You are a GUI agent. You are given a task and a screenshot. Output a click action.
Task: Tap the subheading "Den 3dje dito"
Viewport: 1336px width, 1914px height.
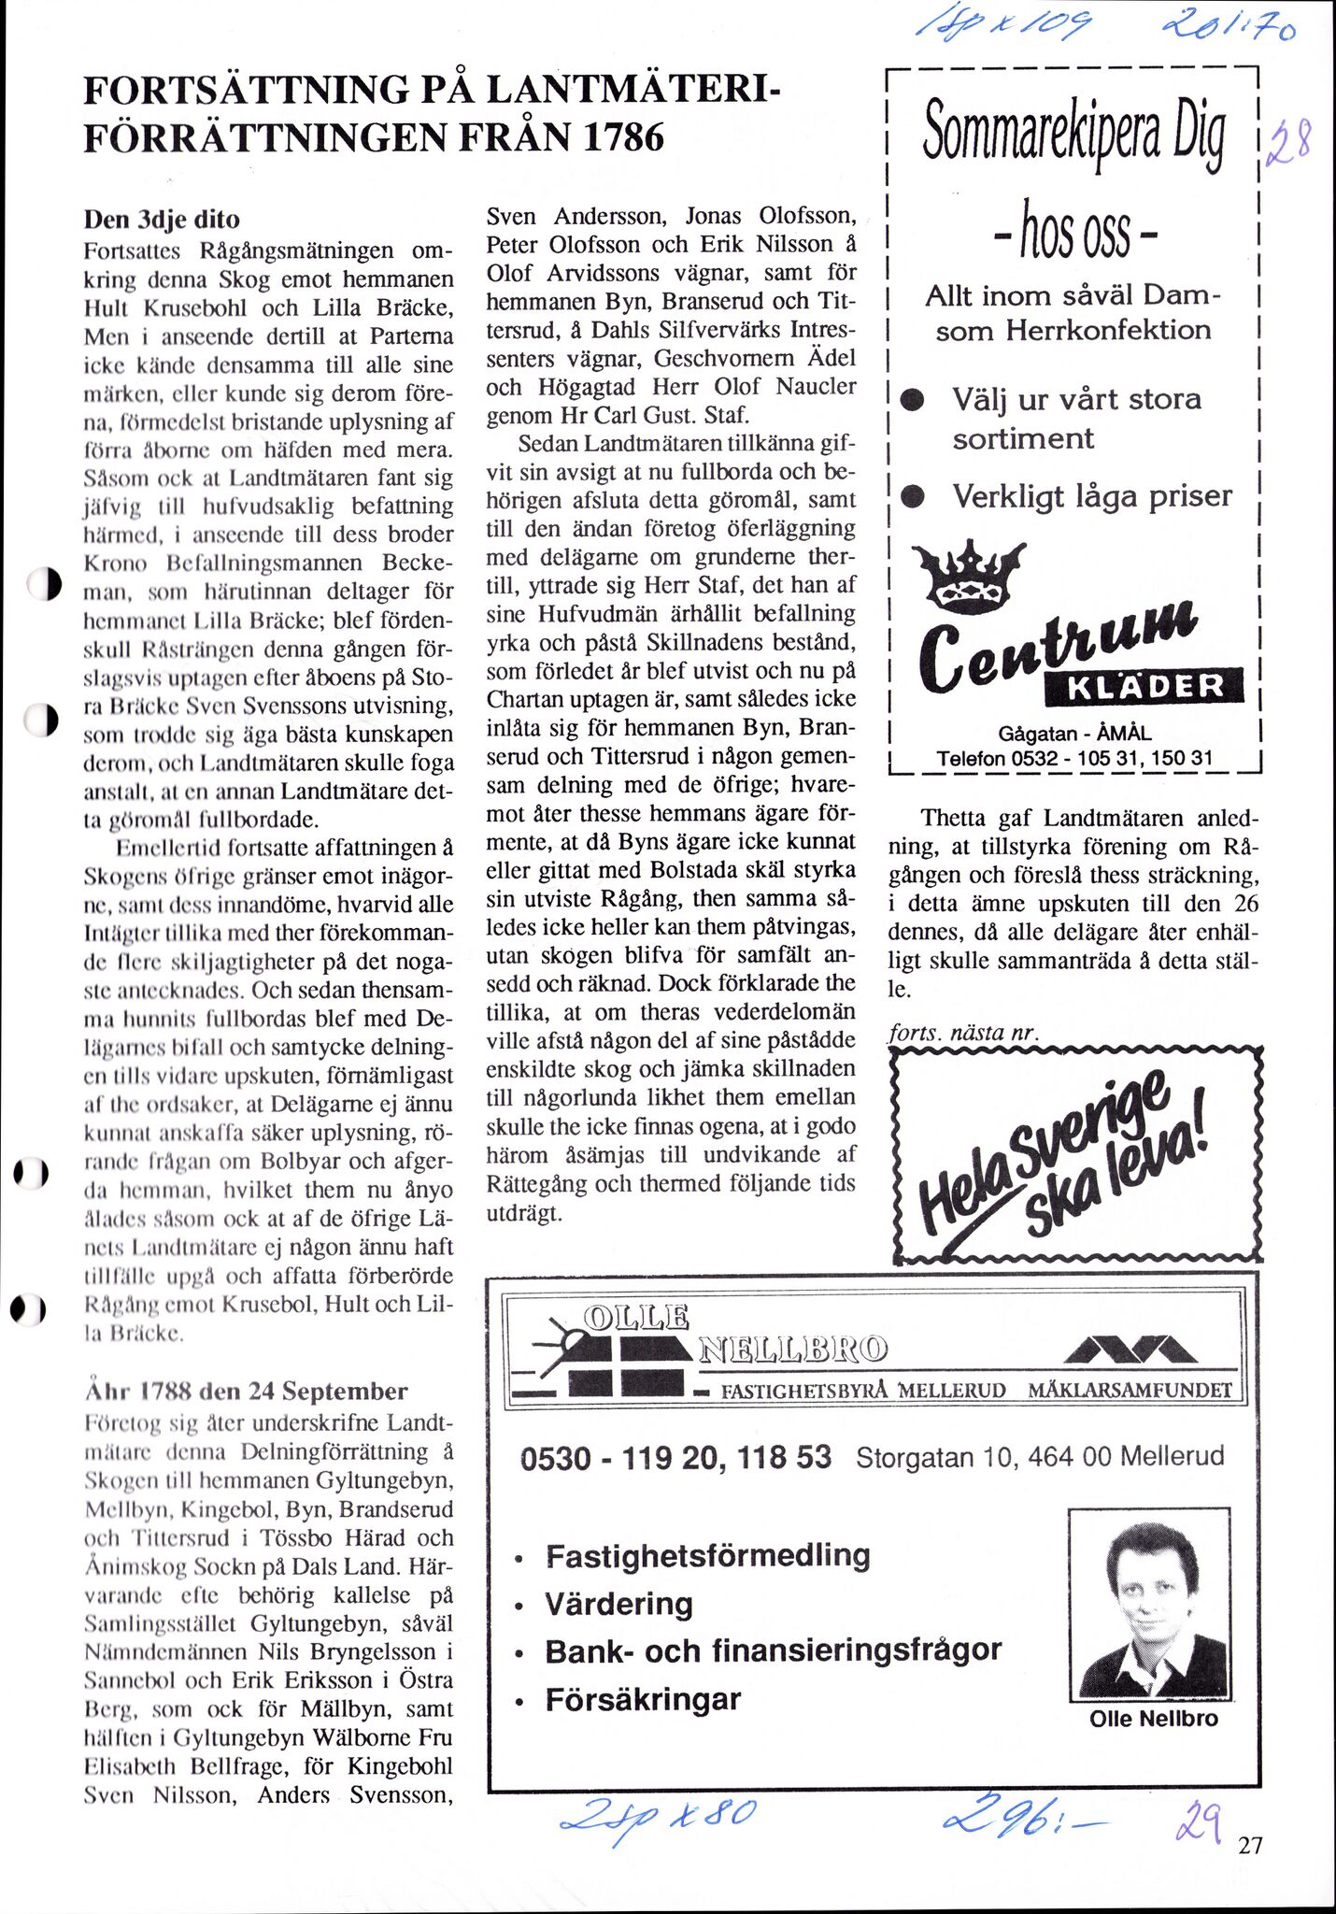pyautogui.click(x=162, y=220)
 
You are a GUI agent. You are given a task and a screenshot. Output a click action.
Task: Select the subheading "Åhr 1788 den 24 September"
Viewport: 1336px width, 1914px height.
pyautogui.click(x=246, y=1391)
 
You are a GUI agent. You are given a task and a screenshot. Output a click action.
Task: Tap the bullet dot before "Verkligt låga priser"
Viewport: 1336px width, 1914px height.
pyautogui.click(x=912, y=498)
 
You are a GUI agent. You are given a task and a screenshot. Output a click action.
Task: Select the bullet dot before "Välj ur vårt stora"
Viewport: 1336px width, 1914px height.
pyautogui.click(x=912, y=401)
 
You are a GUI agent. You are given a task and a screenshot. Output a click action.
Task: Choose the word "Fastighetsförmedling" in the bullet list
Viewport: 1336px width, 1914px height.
pyautogui.click(x=707, y=1555)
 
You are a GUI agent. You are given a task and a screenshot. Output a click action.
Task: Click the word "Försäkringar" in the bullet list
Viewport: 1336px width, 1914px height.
pyautogui.click(x=643, y=1699)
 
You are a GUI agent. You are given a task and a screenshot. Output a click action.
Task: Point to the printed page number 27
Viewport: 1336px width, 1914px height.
pyautogui.click(x=1250, y=1845)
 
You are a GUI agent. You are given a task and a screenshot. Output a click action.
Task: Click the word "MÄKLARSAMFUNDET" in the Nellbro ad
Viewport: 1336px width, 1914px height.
pyautogui.click(x=1130, y=1390)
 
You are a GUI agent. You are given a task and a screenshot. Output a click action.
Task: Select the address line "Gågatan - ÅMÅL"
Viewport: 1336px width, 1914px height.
pyautogui.click(x=1074, y=734)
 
